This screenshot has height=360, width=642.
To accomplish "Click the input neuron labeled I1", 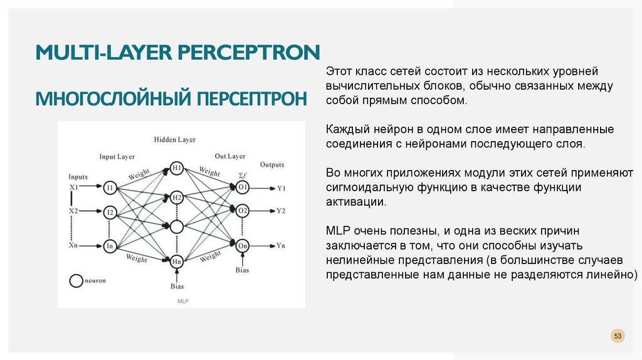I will tap(110, 187).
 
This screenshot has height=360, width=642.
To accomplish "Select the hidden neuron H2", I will tap(177, 198).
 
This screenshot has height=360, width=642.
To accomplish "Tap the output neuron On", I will tap(243, 246).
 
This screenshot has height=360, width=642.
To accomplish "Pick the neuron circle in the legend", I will tap(76, 281).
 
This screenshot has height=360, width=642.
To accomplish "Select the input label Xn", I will tap(73, 245).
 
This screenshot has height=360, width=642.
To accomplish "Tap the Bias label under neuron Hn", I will tap(177, 287).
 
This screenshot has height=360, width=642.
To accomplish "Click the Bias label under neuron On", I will tap(243, 270).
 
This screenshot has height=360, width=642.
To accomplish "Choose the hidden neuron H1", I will tap(177, 169).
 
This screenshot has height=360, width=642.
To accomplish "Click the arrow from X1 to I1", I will tap(91, 187).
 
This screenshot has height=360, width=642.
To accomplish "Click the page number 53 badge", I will tap(618, 337).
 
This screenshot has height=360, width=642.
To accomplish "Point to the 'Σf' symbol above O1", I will tap(243, 175).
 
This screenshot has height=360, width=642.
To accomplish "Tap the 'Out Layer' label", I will tap(229, 156).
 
